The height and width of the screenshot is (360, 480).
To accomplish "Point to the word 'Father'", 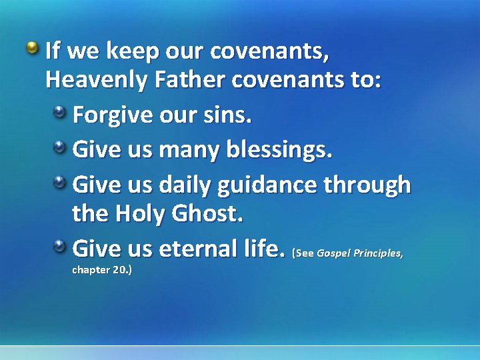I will point(189,81).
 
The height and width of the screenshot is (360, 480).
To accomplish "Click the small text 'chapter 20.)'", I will point(101,271).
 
